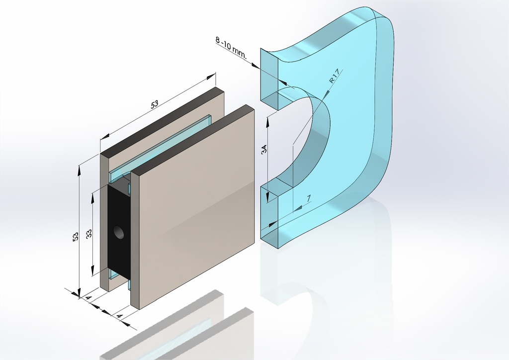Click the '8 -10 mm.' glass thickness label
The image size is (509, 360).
tap(231, 48)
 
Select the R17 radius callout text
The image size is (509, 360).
tap(334, 76)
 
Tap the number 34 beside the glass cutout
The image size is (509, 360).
tap(264, 149)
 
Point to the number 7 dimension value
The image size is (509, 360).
tap(309, 198)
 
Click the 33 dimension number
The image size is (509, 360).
tap(88, 234)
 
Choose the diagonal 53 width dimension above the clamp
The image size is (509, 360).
tap(154, 104)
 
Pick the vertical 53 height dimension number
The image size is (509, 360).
tap(76, 236)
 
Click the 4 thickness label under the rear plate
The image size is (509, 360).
tap(88, 298)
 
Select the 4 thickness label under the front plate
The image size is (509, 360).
tap(119, 316)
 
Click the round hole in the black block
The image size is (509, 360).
tap(118, 232)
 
